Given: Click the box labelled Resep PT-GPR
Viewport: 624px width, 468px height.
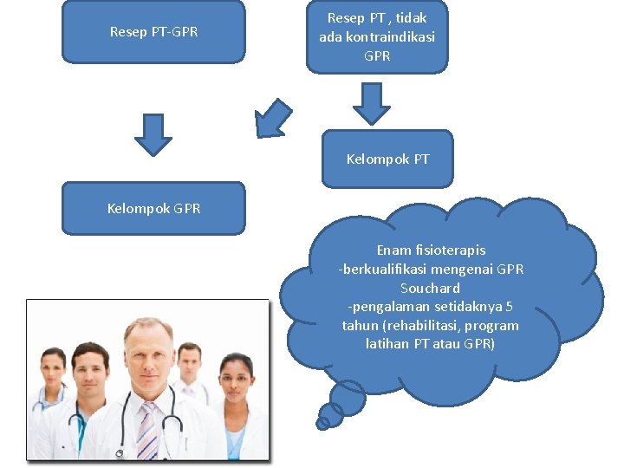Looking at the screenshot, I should click(x=153, y=32).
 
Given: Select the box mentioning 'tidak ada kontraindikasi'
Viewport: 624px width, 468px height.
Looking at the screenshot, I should click(x=377, y=36).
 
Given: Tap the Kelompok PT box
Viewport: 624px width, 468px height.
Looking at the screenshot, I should click(x=387, y=159).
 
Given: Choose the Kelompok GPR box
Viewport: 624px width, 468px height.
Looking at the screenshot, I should click(x=153, y=208).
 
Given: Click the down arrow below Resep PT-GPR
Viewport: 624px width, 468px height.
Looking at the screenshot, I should click(x=153, y=135).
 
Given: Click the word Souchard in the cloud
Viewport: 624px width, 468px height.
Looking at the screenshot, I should click(x=430, y=288).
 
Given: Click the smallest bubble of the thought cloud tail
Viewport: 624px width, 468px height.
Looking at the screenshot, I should click(x=323, y=424).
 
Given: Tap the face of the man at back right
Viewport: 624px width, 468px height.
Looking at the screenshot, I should click(x=190, y=361).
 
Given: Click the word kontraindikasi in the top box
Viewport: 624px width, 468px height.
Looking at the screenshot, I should click(x=389, y=36).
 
